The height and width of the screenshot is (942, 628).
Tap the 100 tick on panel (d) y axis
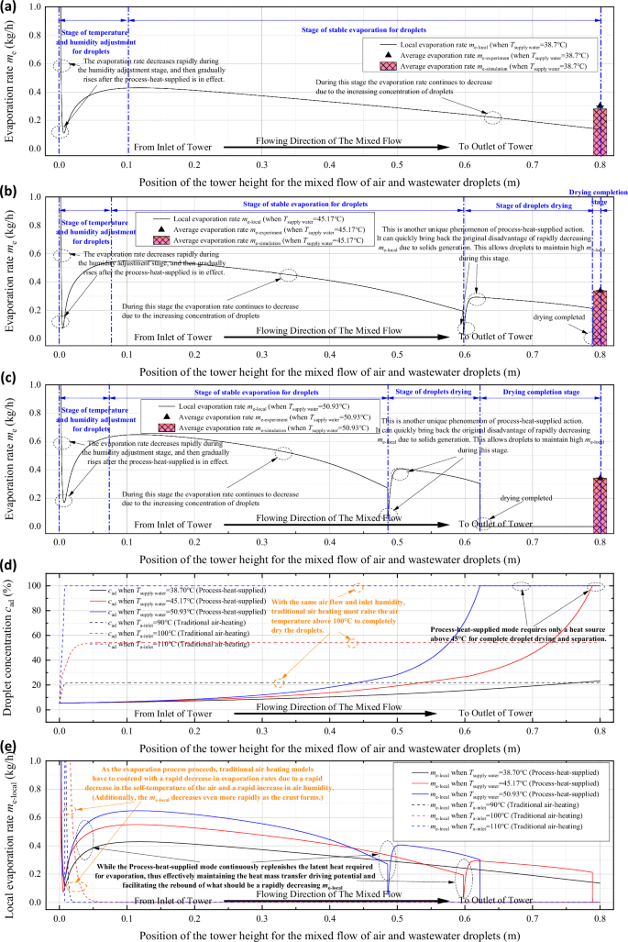(38, 586)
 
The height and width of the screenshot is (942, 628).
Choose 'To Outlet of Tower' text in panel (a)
(494, 146)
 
